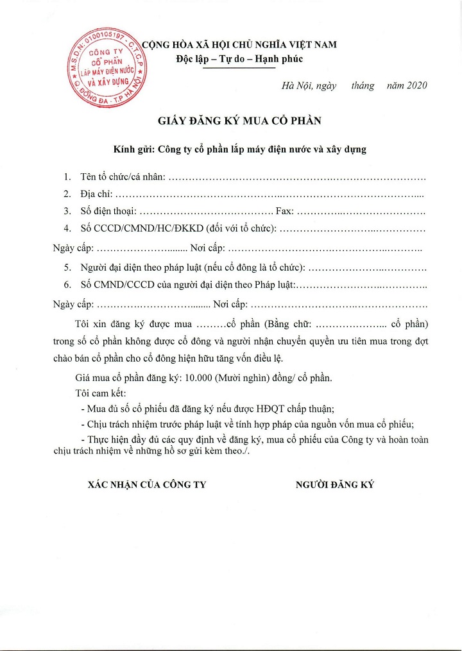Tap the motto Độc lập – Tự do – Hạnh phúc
(239, 59)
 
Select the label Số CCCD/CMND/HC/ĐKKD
(141, 228)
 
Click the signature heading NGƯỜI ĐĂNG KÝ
(334, 485)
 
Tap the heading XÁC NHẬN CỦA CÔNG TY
(147, 485)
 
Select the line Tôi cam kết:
(101, 393)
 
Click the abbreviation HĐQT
(264, 409)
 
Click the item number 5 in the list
(67, 267)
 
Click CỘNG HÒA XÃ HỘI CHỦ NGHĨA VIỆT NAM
(239, 45)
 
